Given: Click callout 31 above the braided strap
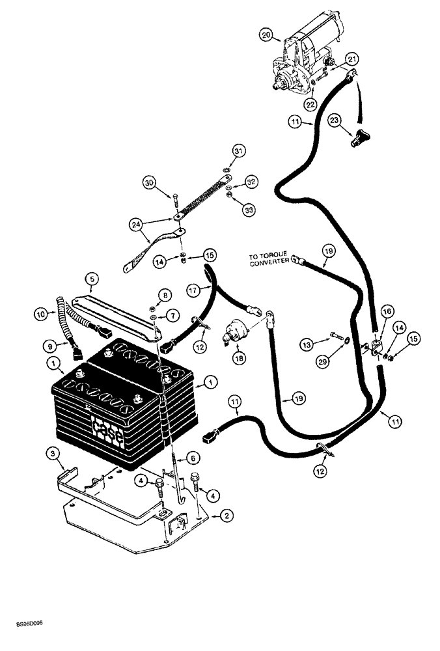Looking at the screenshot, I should tap(221, 152).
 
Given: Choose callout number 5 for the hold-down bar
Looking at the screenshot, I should tap(92, 280).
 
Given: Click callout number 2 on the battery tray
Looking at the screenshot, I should tap(227, 516).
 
